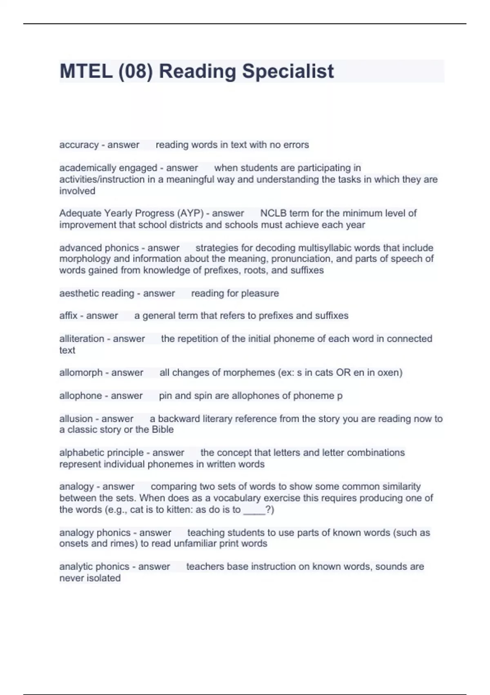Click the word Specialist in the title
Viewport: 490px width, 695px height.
pyautogui.click(x=288, y=71)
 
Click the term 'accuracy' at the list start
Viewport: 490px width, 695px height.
pyautogui.click(x=79, y=145)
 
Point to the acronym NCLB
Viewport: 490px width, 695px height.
pyautogui.click(x=273, y=213)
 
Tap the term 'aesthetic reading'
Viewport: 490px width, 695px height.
pyautogui.click(x=96, y=293)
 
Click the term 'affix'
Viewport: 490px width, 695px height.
pyautogui.click(x=68, y=316)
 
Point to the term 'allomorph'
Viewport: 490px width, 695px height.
pyautogui.click(x=81, y=372)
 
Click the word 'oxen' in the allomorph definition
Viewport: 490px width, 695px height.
pyautogui.click(x=388, y=372)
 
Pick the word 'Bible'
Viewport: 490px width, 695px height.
pyautogui.click(x=163, y=429)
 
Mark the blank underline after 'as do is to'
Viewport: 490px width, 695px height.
pyautogui.click(x=254, y=509)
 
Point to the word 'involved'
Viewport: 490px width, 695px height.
pyautogui.click(x=77, y=191)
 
